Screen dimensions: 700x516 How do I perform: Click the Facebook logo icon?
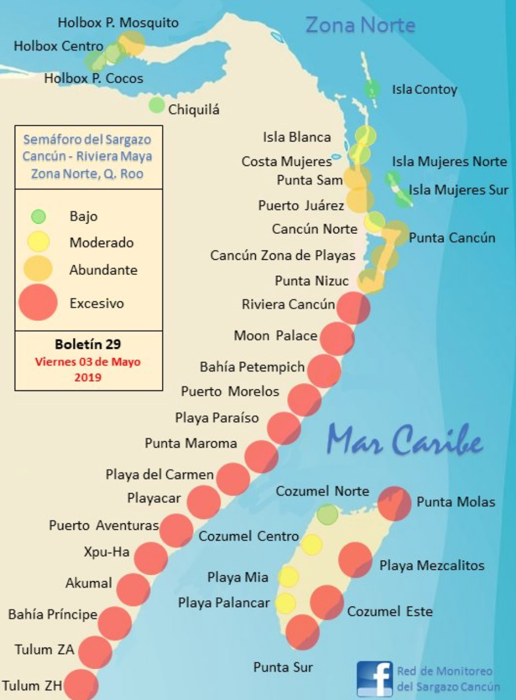coord(375,678)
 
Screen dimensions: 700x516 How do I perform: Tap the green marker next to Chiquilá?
coord(157,105)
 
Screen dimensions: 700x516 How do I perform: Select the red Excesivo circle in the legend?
coord(38,302)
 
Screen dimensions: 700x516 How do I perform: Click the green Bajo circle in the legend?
coord(38,217)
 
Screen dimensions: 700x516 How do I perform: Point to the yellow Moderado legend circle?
coord(38,242)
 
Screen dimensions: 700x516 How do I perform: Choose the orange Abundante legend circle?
coord(38,269)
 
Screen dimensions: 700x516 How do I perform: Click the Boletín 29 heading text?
coord(88,344)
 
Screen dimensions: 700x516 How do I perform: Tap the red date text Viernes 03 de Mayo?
coord(88,362)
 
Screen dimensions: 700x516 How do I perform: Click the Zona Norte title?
coord(360,25)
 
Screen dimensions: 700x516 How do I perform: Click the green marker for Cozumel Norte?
coord(327,515)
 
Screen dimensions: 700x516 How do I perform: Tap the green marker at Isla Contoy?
coord(371,89)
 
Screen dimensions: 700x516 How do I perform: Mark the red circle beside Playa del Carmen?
coord(233,479)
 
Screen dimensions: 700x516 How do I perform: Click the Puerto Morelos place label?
coord(230,392)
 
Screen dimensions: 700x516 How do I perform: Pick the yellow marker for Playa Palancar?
coord(286,603)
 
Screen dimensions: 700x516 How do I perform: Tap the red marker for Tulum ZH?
coord(81,685)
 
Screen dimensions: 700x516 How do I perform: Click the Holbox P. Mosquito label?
coord(118,23)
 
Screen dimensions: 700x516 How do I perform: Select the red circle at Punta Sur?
coord(302,631)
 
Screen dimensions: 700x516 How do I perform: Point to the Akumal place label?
coord(89,583)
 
